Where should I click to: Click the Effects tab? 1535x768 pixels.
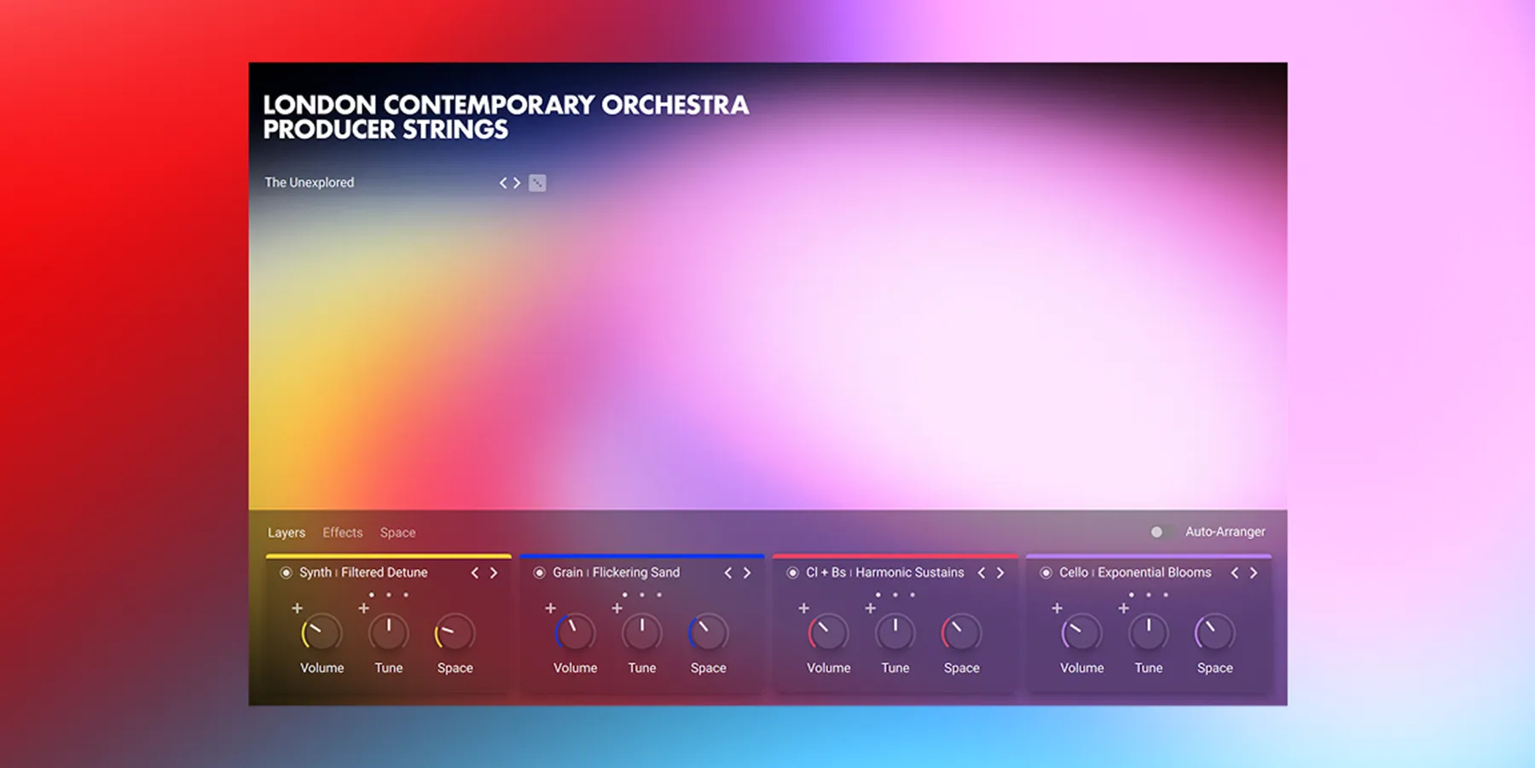coord(342,532)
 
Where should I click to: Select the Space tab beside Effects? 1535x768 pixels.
coord(397,532)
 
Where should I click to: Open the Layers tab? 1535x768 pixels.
coord(286,532)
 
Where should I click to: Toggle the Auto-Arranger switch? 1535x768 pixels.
coord(1160,532)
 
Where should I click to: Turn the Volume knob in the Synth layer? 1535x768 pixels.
coord(321,633)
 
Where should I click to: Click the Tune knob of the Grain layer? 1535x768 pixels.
coord(641,633)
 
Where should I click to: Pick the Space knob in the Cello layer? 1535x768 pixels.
coord(1214,633)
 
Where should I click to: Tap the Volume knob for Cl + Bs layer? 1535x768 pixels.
coord(828,633)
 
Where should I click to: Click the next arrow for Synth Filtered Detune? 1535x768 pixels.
coord(494,573)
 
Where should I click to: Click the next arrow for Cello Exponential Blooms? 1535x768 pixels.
coord(1254,573)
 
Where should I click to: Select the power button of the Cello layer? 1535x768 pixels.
coord(1046,573)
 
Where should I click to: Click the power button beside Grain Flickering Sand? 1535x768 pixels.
coord(539,573)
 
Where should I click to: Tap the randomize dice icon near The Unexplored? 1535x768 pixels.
coord(537,183)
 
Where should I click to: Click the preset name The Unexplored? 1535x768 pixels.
coord(309,183)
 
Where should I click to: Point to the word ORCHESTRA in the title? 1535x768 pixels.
coord(675,105)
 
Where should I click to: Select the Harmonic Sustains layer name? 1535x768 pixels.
coord(909,573)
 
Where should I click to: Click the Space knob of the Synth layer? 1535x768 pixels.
coord(455,633)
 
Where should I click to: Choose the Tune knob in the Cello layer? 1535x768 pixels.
coord(1148,633)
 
